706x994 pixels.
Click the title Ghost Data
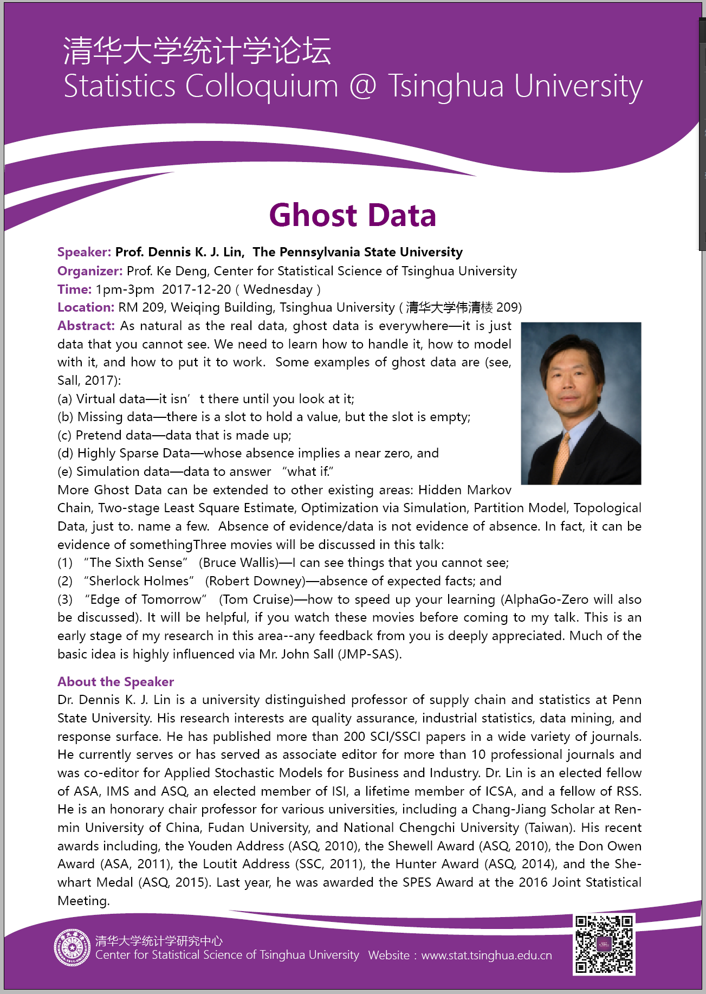(x=352, y=215)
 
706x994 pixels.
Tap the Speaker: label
(x=84, y=252)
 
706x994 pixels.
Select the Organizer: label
(x=90, y=271)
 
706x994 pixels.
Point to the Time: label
(x=74, y=289)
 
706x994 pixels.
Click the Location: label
(x=86, y=307)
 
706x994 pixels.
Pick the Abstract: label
(x=86, y=326)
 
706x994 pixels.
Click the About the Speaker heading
(x=115, y=682)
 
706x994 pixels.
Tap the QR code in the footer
(x=604, y=944)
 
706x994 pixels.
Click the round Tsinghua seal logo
(x=72, y=948)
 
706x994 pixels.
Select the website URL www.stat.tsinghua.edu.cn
(x=486, y=956)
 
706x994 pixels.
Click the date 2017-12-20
(x=196, y=289)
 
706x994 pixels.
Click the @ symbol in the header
(x=362, y=87)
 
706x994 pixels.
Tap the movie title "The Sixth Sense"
(x=135, y=563)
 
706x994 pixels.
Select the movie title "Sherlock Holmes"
(x=139, y=581)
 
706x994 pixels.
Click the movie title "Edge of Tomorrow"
(x=146, y=599)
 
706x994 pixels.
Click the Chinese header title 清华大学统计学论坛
(x=197, y=51)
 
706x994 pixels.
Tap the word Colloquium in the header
(x=262, y=87)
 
